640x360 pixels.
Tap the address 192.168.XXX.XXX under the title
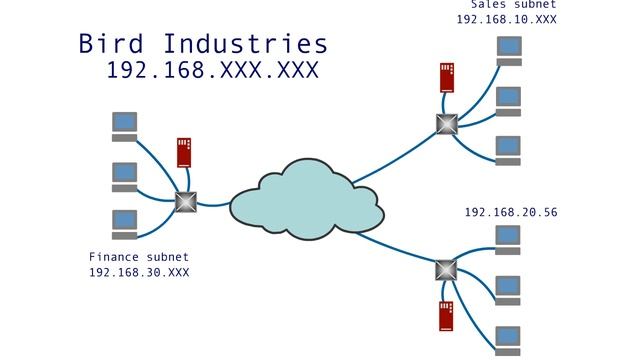tap(212, 70)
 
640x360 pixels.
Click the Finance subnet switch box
tap(185, 201)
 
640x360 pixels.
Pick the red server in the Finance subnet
tap(184, 152)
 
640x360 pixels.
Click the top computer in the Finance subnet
tap(125, 126)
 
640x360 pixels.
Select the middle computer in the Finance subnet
tap(125, 176)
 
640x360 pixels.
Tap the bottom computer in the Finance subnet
tap(125, 223)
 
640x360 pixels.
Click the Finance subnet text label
tap(139, 256)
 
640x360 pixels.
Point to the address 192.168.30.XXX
tap(139, 272)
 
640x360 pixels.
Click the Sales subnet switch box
tap(446, 124)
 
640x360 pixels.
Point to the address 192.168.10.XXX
tap(507, 19)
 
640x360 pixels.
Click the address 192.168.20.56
tap(511, 213)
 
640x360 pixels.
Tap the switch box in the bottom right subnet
tap(446, 269)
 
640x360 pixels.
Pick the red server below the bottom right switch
tap(446, 315)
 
